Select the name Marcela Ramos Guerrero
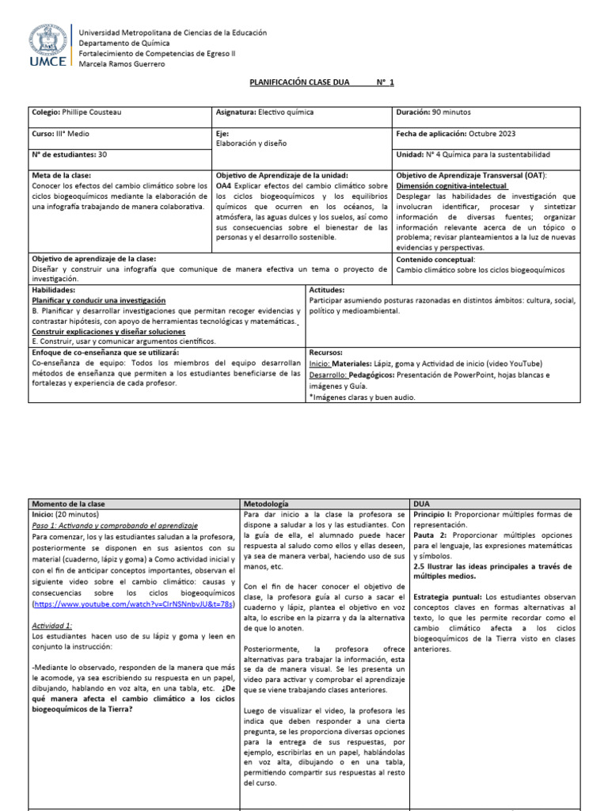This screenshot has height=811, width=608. (x=122, y=64)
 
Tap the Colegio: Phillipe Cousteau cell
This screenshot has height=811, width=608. (x=76, y=112)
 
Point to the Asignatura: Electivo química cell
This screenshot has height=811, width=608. (x=264, y=112)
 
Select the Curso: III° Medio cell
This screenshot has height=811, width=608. (x=61, y=134)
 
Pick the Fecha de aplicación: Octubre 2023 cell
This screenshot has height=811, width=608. (x=455, y=134)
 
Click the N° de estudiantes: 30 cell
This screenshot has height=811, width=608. (x=69, y=154)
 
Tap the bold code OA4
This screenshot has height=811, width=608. (x=224, y=185)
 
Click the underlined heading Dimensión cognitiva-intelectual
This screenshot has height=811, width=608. (x=451, y=185)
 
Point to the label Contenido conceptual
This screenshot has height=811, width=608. (x=435, y=259)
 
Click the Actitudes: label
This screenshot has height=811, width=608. (x=327, y=291)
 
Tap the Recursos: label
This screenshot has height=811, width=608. (x=326, y=352)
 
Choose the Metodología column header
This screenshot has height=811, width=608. (x=267, y=504)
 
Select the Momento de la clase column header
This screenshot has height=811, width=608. (x=68, y=504)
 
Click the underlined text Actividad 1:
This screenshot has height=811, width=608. (x=52, y=625)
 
